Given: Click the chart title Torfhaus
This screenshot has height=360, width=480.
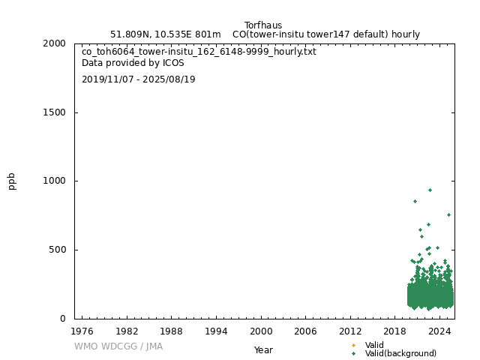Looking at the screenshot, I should click(x=263, y=25).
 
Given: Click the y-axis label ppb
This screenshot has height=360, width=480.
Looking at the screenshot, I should click(x=12, y=181).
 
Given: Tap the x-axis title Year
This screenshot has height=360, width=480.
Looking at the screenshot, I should click(x=263, y=350).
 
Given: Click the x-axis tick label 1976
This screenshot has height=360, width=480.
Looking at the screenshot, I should click(x=82, y=331).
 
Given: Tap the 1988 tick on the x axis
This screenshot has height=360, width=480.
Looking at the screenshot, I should click(x=172, y=331).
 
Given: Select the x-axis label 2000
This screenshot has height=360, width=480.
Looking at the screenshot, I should click(x=261, y=331).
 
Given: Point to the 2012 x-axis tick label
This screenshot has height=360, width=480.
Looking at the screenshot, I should click(x=350, y=331).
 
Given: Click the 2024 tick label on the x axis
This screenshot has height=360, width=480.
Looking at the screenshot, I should click(x=440, y=331).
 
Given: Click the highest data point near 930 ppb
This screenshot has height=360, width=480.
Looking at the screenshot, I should click(x=430, y=190).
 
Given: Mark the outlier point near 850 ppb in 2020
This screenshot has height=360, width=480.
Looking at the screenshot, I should click(x=415, y=201).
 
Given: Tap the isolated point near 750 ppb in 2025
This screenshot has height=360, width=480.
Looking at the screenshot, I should click(x=448, y=214).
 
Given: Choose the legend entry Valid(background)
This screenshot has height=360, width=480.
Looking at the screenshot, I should click(x=400, y=354).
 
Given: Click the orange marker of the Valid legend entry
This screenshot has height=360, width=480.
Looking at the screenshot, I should click(x=353, y=346).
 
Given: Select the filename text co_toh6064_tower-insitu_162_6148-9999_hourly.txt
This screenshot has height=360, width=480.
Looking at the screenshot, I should click(x=199, y=52).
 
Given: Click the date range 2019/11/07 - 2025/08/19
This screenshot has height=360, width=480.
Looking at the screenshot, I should click(x=139, y=79).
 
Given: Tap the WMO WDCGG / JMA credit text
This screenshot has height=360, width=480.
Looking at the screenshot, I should click(x=118, y=346).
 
